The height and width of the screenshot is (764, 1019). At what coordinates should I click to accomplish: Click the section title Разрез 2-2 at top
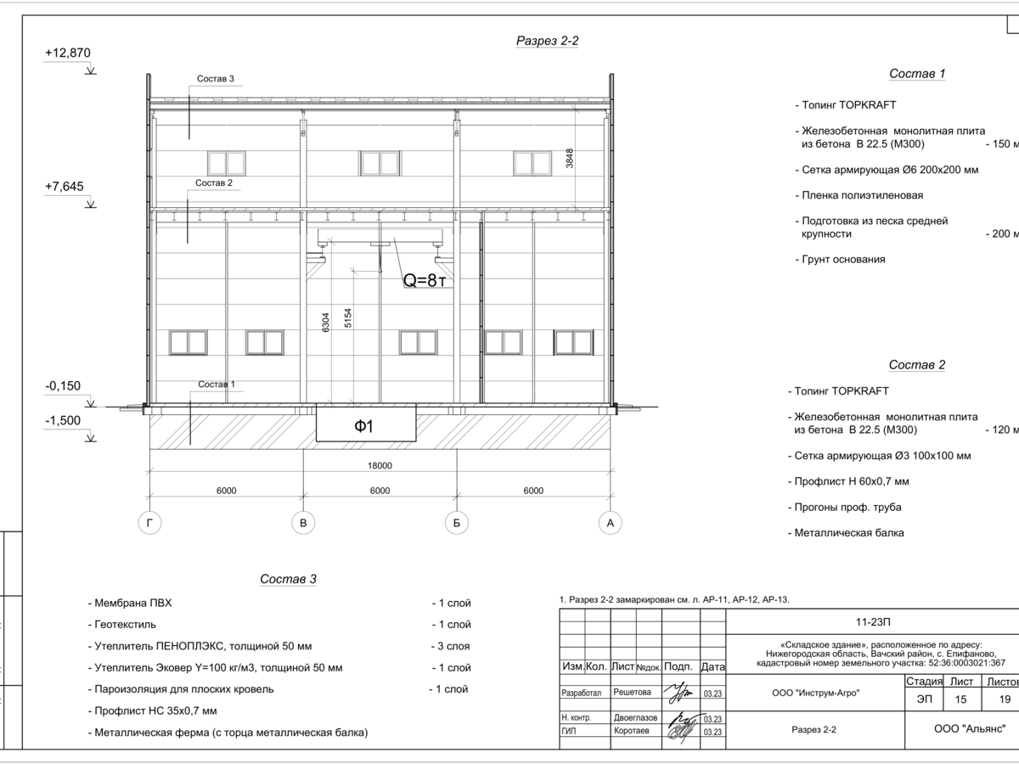tap(548, 41)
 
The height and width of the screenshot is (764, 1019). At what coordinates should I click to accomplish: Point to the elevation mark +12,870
tap(68, 53)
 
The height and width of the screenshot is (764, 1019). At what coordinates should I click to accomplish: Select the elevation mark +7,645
tap(65, 187)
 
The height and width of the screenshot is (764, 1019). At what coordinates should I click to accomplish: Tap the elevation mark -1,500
tap(63, 421)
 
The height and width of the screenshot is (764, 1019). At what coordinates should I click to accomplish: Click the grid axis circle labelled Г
tap(149, 524)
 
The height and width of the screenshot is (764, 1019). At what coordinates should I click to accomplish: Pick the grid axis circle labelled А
tap(610, 524)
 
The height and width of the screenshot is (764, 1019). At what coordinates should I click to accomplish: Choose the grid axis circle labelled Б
tap(456, 524)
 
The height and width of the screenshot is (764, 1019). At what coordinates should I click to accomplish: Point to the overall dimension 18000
tap(380, 465)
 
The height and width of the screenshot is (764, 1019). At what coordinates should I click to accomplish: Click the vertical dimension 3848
tap(571, 159)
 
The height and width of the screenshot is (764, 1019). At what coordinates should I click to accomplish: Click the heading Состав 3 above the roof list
tap(288, 580)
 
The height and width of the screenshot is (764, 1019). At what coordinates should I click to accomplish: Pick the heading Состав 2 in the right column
tap(917, 365)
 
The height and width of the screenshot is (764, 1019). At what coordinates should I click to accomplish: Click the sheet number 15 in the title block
tap(960, 698)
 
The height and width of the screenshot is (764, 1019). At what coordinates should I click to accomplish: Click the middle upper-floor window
tap(380, 163)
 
